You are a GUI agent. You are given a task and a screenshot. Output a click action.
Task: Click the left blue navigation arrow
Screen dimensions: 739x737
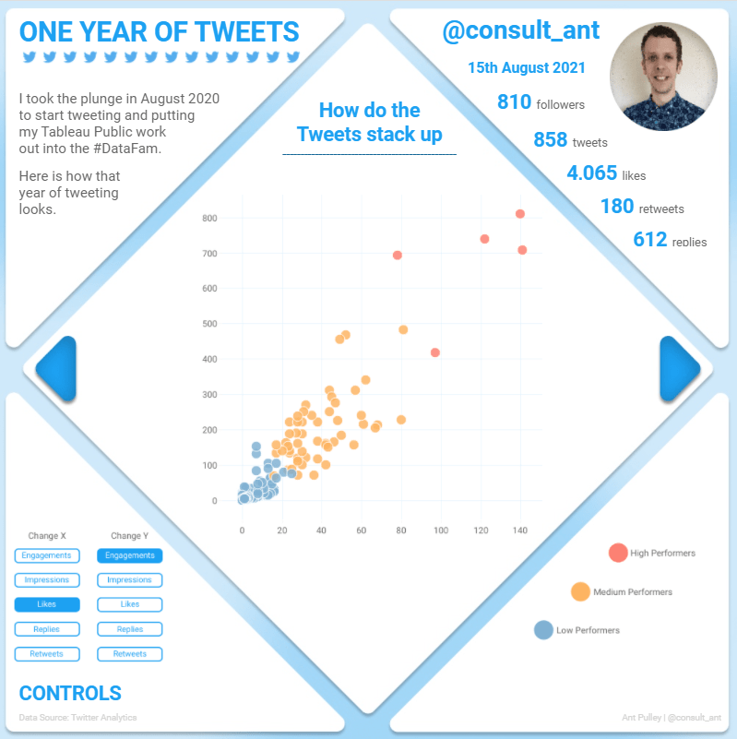coord(57,369)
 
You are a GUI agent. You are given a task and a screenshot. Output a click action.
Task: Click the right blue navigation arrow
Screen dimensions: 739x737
coord(679,369)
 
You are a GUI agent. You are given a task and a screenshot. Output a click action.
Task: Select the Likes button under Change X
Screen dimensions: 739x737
coord(47,604)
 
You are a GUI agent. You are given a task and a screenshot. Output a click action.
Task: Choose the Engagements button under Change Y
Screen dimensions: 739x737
coord(130,555)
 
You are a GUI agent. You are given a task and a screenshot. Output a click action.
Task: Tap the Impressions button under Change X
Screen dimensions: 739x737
coord(47,580)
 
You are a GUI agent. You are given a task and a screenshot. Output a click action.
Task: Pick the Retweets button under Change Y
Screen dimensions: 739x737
coord(130,653)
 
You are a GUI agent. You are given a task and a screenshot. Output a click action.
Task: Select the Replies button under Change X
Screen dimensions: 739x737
coord(47,629)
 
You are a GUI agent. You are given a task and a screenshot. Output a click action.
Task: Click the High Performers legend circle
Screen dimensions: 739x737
coord(618,553)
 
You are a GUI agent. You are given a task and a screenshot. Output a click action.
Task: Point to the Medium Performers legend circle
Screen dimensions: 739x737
coord(581,591)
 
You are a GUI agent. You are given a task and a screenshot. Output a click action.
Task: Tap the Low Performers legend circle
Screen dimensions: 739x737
coord(544,630)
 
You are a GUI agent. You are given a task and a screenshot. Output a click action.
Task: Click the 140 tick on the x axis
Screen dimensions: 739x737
coord(520,530)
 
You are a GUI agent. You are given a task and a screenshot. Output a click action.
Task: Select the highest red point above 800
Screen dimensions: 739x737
coord(520,214)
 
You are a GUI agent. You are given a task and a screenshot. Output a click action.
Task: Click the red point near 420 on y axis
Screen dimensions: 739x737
coord(435,352)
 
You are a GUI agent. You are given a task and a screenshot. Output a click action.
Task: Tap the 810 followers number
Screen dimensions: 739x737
coord(514,102)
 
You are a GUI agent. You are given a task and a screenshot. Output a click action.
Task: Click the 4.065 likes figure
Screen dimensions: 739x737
coord(593,173)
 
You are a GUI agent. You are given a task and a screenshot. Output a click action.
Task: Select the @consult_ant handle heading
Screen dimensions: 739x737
coord(521,32)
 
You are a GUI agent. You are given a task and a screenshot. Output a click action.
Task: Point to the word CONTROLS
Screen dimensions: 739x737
coord(70,694)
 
